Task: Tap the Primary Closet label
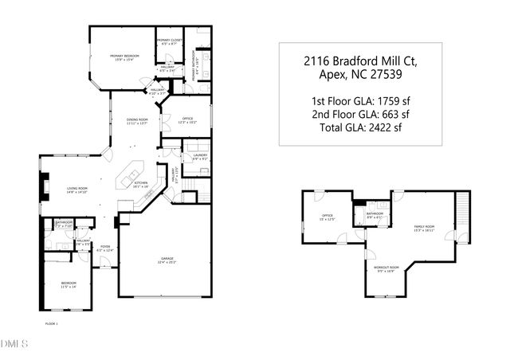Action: [x=170, y=41]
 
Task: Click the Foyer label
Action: [x=105, y=248]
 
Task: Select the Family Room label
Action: [x=424, y=229]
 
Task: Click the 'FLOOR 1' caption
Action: [x=52, y=325]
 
